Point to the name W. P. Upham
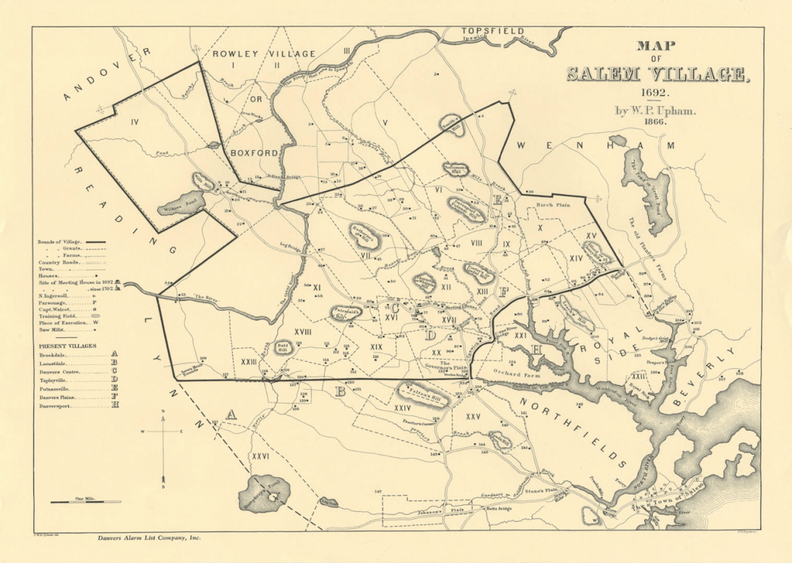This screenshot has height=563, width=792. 656,111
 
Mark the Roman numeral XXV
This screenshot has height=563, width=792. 473,417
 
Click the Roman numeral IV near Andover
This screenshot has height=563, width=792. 135,121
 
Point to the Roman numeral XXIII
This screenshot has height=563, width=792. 249,361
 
